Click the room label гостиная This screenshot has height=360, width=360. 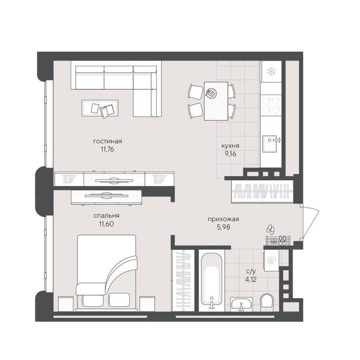(x=107, y=141)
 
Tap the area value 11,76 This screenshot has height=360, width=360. (x=107, y=149)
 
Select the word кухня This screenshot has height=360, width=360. (x=230, y=146)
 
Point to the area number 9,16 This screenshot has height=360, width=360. (x=230, y=154)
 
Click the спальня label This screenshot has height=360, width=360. (x=106, y=216)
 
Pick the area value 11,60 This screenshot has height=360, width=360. (x=106, y=224)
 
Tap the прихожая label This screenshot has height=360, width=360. (x=223, y=219)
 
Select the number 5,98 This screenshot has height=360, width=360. (x=223, y=227)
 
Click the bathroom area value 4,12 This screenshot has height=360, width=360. (x=251, y=279)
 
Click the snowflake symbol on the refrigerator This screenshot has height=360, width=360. (x=271, y=71)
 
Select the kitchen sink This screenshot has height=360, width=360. (x=271, y=144)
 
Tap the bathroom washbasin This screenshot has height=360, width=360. (x=242, y=304)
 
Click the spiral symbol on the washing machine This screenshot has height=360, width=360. (x=271, y=261)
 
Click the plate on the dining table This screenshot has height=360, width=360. (x=211, y=93)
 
